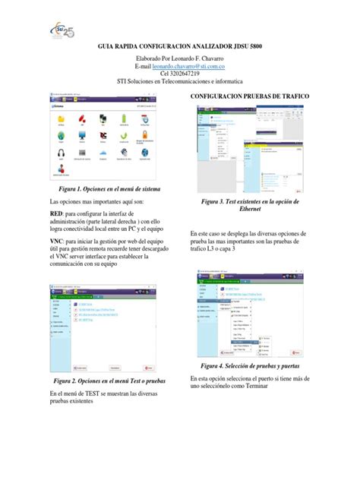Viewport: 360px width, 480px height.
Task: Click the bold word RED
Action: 56,215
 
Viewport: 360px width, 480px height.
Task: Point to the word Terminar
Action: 256,386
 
